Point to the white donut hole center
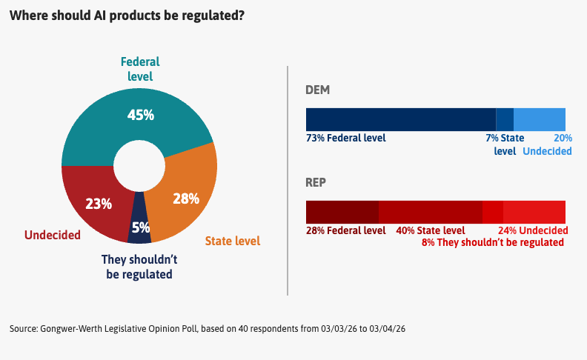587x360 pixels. pyautogui.click(x=139, y=165)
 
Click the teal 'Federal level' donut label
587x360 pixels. pyautogui.click(x=140, y=69)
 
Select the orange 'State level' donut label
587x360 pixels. pyautogui.click(x=232, y=241)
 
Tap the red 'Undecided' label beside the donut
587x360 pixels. pyautogui.click(x=52, y=236)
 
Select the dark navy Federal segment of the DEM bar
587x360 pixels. pyautogui.click(x=400, y=119)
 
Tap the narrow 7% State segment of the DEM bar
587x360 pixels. pyautogui.click(x=504, y=119)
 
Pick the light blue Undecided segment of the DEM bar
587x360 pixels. pyautogui.click(x=539, y=119)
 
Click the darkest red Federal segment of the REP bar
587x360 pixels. pyautogui.click(x=342, y=212)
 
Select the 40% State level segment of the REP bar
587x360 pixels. pyautogui.click(x=430, y=212)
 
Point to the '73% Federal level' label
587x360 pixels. pyautogui.click(x=345, y=138)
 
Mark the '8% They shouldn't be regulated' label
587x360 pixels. pyautogui.click(x=492, y=242)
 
